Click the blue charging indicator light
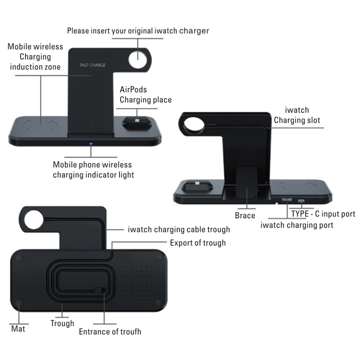coord(90,144)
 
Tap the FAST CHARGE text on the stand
coord(92,66)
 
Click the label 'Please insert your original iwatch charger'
coord(138,31)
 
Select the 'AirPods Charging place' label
coord(145,95)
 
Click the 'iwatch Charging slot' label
coord(297,115)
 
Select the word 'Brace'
coord(245,216)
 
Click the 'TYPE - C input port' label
coord(323,214)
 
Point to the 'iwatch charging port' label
coord(297,225)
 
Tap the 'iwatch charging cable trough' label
coord(179,229)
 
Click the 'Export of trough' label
coord(198,243)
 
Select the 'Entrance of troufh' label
coord(110,332)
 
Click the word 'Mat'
coord(18,328)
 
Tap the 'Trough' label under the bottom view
coord(62,323)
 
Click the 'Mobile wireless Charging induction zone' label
coord(36,57)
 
